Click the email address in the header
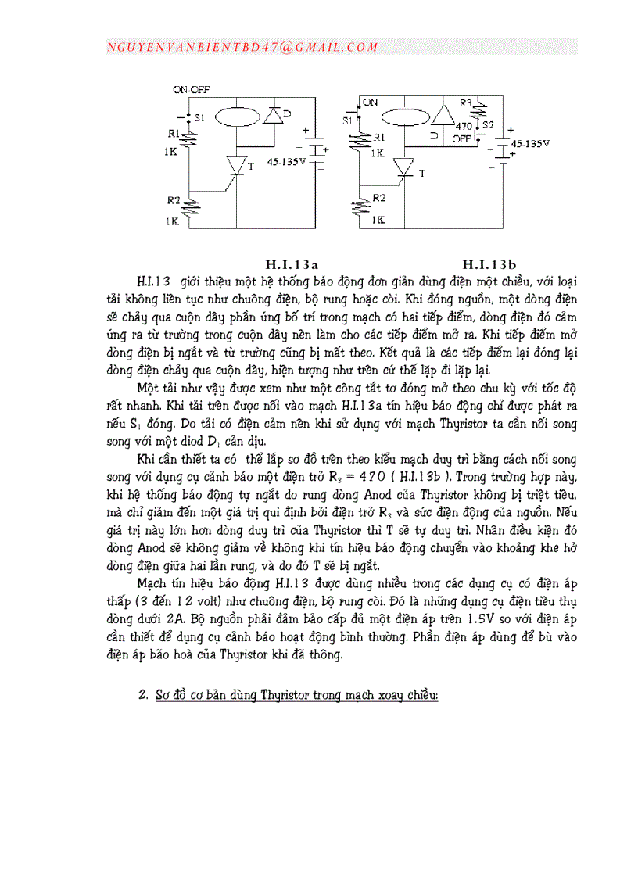pos(242,47)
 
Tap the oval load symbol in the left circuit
pos(235,117)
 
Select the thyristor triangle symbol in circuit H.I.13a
pos(236,166)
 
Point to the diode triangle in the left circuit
pos(273,116)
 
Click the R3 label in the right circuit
pos(466,102)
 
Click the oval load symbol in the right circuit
pos(405,117)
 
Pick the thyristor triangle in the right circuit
pos(405,167)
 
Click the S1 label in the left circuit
pos(199,117)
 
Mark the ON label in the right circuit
pos(370,102)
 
